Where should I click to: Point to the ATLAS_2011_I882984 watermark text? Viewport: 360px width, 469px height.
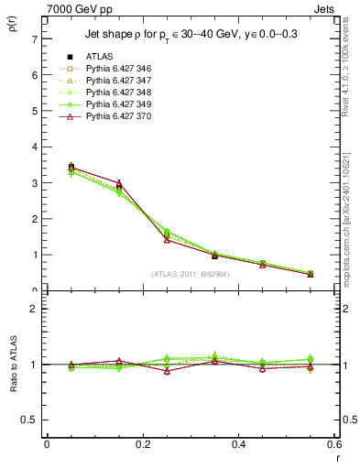(x=190, y=274)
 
